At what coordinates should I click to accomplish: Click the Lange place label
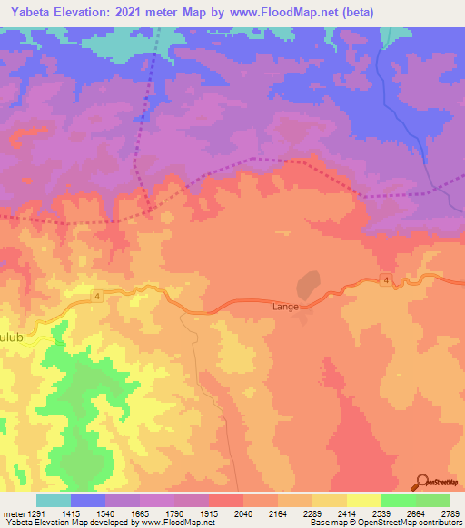(x=285, y=308)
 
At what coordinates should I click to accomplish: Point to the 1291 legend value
(x=27, y=513)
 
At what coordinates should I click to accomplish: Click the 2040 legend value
(x=242, y=513)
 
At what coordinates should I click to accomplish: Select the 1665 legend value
(x=140, y=513)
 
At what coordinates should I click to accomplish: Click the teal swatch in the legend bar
(x=53, y=500)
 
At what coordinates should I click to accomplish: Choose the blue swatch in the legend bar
(x=88, y=500)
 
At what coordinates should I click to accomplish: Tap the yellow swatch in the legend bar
(x=363, y=500)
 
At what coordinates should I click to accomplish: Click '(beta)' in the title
(x=352, y=12)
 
